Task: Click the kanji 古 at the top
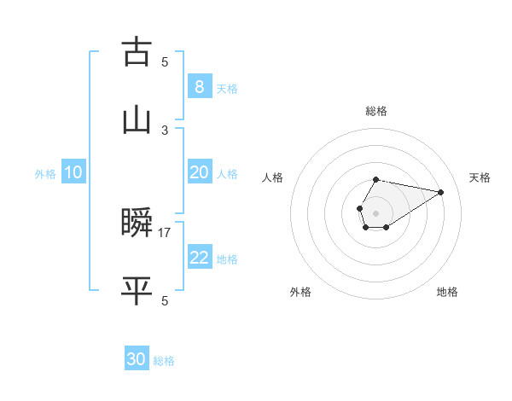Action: pyautogui.click(x=137, y=53)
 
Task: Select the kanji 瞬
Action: pyautogui.click(x=137, y=224)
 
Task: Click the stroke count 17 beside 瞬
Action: pyautogui.click(x=165, y=232)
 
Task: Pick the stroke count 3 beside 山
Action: pyautogui.click(x=165, y=130)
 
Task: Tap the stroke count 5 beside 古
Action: pyautogui.click(x=165, y=61)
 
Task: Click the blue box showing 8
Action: pyautogui.click(x=199, y=87)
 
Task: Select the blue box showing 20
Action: pyautogui.click(x=199, y=172)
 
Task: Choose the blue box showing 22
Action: pyautogui.click(x=199, y=258)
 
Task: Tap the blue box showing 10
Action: pyautogui.click(x=73, y=172)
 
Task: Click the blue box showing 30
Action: pyautogui.click(x=137, y=359)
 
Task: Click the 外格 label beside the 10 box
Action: pyautogui.click(x=45, y=173)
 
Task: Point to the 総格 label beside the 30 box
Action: pyautogui.click(x=164, y=361)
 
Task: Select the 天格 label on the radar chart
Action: pyautogui.click(x=480, y=177)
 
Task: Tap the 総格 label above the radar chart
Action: pyautogui.click(x=376, y=111)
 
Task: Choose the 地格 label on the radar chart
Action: pyautogui.click(x=447, y=292)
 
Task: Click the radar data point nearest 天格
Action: pyautogui.click(x=440, y=192)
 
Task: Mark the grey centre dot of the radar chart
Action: pyautogui.click(x=375, y=212)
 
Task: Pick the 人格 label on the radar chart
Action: pyautogui.click(x=272, y=177)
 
